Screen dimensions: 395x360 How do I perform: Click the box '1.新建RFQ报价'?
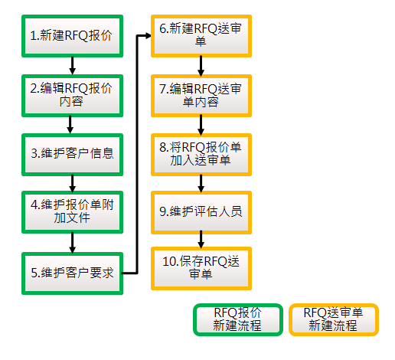tap(72, 36)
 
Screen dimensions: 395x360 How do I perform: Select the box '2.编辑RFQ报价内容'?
tap(72, 96)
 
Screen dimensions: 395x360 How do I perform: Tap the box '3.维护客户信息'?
tap(72, 155)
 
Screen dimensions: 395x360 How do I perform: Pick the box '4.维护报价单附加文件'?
tap(72, 212)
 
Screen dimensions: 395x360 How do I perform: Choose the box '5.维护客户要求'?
tap(72, 273)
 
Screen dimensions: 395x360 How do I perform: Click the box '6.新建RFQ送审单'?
tap(201, 36)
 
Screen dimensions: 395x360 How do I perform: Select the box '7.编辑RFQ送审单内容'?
tap(201, 96)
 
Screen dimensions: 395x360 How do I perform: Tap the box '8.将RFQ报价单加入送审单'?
tap(201, 155)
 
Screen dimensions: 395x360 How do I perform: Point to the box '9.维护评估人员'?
tap(201, 212)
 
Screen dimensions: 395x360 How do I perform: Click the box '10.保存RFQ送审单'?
tap(201, 268)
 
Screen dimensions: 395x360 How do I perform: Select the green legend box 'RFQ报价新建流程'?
tap(238, 319)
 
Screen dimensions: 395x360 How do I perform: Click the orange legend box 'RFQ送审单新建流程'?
tap(334, 319)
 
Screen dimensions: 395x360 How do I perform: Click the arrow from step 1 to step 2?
tap(73, 66)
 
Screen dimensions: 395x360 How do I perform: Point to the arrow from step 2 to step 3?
tap(70, 125)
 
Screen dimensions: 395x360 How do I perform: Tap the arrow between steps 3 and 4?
tap(73, 183)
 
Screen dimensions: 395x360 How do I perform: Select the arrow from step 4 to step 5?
tap(73, 243)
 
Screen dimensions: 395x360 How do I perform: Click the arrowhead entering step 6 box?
tap(149, 36)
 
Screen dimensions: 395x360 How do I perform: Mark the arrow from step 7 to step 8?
tap(201, 125)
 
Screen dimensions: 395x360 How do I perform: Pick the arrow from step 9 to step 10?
tap(201, 241)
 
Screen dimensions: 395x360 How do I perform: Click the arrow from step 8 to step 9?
tap(201, 184)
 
